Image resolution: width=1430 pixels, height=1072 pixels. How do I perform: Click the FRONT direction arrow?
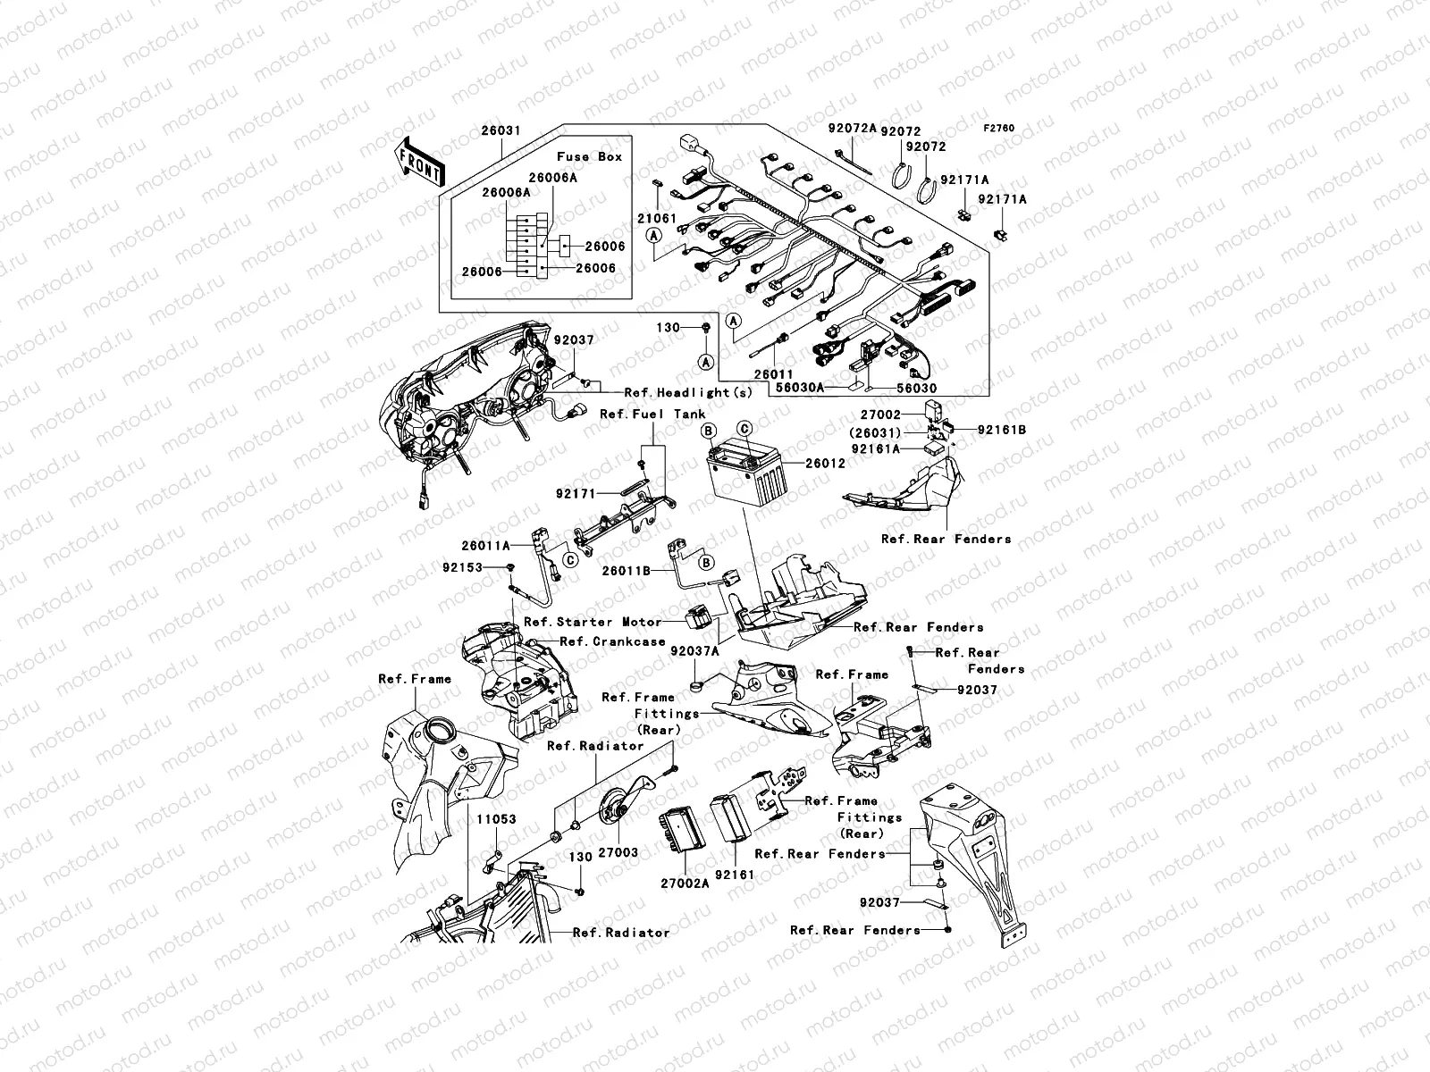[419, 162]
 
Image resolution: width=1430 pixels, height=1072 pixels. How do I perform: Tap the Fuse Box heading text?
[589, 156]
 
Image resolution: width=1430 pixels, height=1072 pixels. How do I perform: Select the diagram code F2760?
[999, 128]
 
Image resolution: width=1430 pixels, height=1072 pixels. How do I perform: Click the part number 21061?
[656, 218]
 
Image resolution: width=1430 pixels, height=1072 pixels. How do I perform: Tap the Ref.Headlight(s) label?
[688, 393]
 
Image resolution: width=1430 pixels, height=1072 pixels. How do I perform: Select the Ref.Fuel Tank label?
[652, 414]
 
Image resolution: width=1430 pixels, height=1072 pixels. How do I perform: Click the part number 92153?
[462, 567]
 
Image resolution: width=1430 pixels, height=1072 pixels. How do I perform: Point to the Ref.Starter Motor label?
[593, 622]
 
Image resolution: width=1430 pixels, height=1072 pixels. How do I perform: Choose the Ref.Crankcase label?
[612, 641]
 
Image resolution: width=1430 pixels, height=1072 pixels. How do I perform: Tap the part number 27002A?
[685, 884]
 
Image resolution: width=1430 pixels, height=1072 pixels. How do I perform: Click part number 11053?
[495, 819]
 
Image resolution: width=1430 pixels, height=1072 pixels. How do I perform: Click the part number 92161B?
[1001, 430]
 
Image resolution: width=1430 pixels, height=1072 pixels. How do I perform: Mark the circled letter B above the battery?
[707, 430]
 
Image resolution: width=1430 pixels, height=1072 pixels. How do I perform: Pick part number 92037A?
[694, 651]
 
